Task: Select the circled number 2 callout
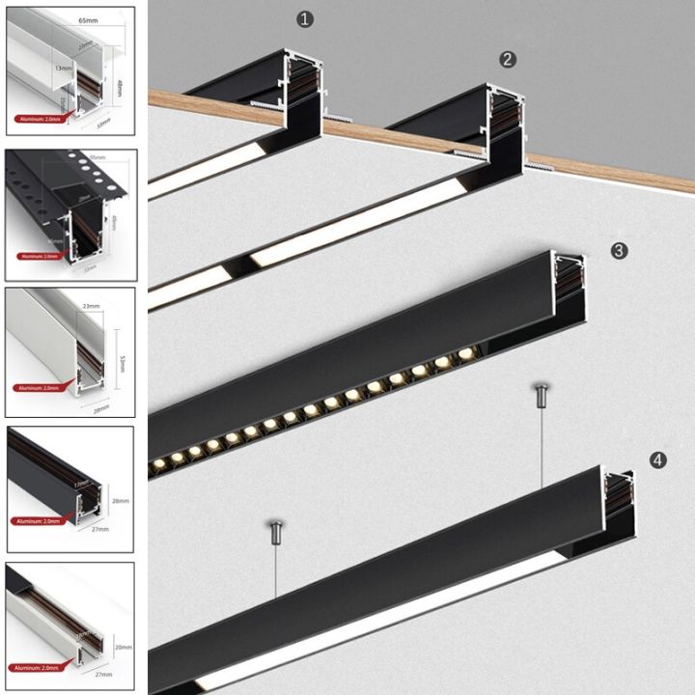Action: (508, 59)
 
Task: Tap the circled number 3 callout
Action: (619, 250)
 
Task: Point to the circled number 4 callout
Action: (657, 460)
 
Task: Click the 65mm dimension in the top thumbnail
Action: (87, 19)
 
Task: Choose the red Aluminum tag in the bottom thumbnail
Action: (38, 668)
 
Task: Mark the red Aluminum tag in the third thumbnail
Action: (38, 388)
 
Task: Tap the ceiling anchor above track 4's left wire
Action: (275, 527)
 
